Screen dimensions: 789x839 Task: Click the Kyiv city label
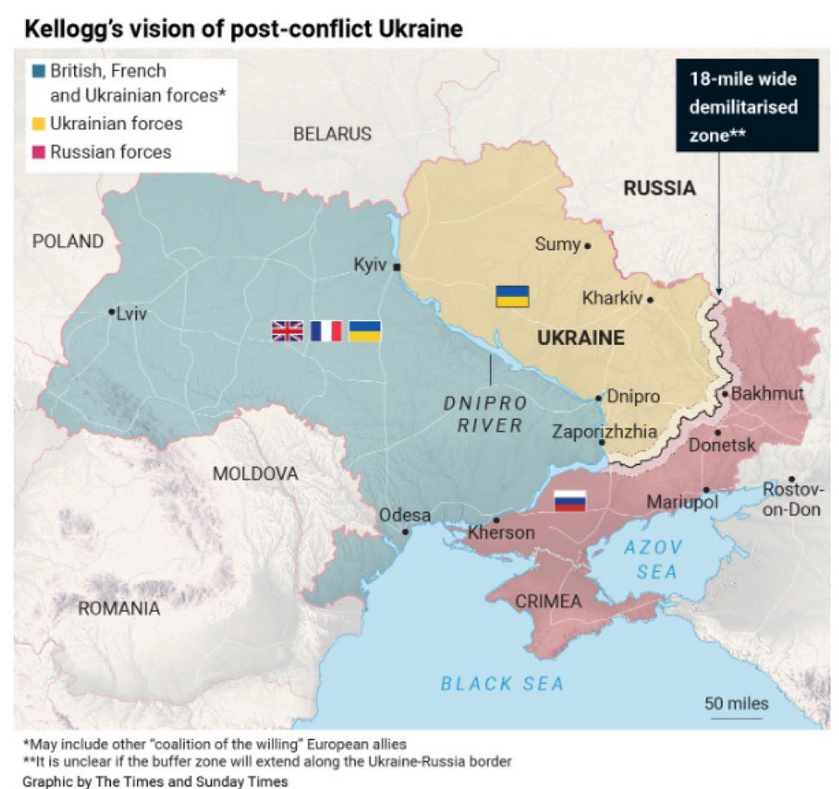[x=369, y=264]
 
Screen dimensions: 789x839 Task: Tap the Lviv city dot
[x=112, y=312]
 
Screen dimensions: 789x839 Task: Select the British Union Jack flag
[x=287, y=331]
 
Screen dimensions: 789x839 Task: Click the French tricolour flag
[x=326, y=331]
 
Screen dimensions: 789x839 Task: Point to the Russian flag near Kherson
[x=570, y=501]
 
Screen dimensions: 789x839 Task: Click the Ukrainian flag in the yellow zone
[x=512, y=296]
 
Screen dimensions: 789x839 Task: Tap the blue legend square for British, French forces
[x=38, y=71]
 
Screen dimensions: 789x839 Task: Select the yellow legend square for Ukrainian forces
[x=38, y=124]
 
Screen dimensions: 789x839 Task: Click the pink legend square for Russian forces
[x=38, y=153]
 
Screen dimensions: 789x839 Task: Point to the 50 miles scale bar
[x=738, y=718]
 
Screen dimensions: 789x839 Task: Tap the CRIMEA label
[x=547, y=601]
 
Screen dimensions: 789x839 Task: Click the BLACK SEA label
[x=501, y=683]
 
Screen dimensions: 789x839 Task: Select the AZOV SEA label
[x=655, y=559]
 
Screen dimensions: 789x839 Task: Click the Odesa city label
[x=404, y=515]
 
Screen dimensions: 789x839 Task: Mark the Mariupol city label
[x=682, y=502]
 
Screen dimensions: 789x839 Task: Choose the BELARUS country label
[x=332, y=134]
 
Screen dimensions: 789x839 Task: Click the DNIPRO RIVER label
[x=486, y=415]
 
